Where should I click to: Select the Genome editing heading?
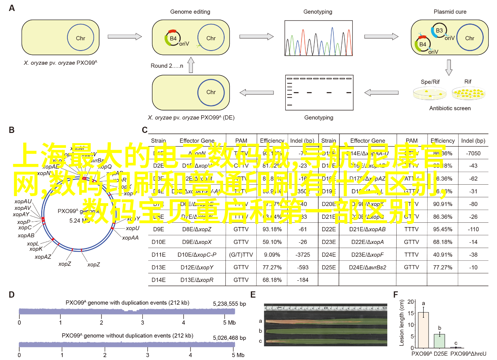190,12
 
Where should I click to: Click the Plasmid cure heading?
450,12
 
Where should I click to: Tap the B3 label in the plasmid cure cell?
439,30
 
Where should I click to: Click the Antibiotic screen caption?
450,108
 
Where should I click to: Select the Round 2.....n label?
167,66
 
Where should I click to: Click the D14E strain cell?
159,280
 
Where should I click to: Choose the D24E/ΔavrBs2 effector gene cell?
368,267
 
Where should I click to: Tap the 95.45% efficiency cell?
443,229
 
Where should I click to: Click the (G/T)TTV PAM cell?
241,255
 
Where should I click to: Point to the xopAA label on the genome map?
130,237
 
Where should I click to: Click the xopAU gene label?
23,201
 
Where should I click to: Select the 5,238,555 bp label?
229,304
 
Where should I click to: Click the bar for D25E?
439,341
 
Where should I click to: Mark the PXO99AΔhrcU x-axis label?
468,353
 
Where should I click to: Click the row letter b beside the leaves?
260,331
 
